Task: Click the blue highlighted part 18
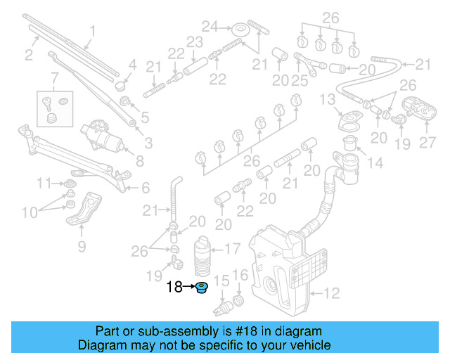(x=202, y=288)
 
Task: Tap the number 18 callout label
(x=174, y=287)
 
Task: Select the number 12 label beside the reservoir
(x=331, y=292)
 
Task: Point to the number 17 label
(x=233, y=248)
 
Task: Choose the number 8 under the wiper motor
(x=139, y=161)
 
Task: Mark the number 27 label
(x=427, y=143)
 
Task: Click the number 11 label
(x=44, y=184)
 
